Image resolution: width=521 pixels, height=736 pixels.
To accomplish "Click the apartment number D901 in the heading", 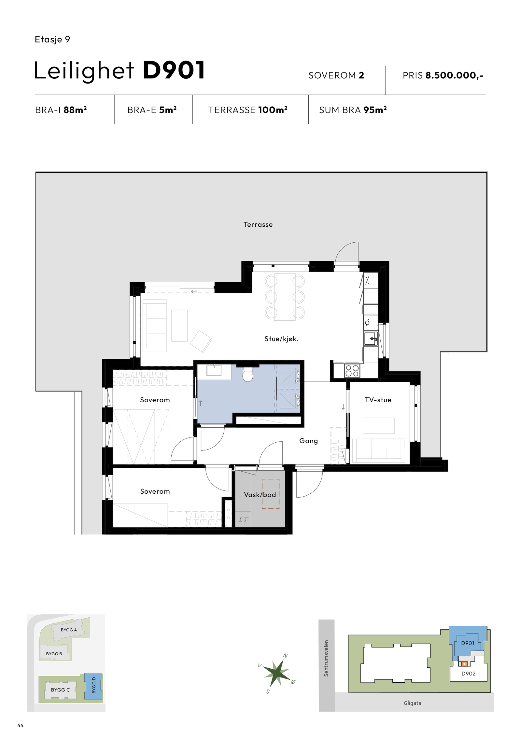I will (x=174, y=70).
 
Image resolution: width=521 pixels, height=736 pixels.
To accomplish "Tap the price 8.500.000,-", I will (x=454, y=75).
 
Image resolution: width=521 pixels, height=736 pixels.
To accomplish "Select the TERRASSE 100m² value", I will (x=273, y=110).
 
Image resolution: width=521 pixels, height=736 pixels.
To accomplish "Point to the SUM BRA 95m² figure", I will (x=375, y=110).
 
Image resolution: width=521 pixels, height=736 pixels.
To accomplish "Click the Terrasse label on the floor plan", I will (x=258, y=224).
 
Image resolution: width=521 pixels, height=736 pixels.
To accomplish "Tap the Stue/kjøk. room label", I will (x=281, y=339).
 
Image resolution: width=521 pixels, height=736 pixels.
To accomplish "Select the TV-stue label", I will (x=378, y=400).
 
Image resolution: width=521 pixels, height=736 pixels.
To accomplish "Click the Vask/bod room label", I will (x=260, y=495).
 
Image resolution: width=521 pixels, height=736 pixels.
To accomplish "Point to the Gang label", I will (x=308, y=441).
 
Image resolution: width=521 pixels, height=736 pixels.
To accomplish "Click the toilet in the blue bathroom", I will (x=248, y=375).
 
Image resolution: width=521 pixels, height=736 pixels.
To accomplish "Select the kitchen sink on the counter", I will (x=371, y=339).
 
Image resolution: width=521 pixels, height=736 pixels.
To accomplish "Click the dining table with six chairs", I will (x=285, y=297).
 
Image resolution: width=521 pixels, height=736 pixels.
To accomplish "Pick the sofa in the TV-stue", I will (x=378, y=450).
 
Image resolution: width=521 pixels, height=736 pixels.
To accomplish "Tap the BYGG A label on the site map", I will (x=69, y=630).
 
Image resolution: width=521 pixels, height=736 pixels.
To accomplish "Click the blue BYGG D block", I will (x=93, y=686).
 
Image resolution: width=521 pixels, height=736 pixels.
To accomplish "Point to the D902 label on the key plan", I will (x=468, y=674).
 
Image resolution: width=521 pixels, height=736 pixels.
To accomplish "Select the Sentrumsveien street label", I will (x=326, y=659).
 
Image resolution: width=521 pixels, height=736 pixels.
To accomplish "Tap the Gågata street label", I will (x=412, y=703).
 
